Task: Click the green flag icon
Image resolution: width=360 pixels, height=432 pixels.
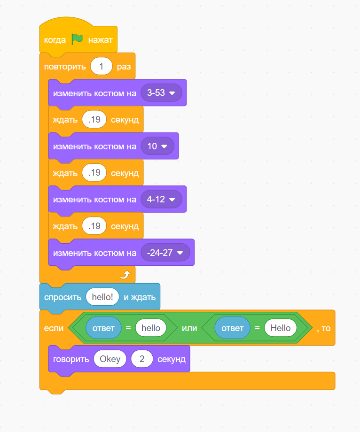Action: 77,40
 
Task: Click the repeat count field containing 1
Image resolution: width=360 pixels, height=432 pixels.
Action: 102,66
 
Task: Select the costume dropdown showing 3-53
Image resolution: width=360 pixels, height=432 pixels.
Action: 161,93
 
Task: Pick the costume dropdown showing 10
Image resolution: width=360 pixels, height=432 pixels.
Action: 157,146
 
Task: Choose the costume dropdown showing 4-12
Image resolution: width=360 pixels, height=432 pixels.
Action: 161,200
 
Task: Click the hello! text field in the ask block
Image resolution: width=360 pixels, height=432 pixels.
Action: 102,297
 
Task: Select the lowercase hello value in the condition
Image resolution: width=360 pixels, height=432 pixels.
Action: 151,328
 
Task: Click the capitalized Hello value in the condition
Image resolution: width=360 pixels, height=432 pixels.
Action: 280,328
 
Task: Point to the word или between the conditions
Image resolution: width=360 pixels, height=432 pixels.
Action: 189,328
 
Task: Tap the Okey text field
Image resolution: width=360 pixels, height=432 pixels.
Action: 110,360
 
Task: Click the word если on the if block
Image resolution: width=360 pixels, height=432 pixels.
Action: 54,328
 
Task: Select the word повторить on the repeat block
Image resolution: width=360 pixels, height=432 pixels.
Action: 65,66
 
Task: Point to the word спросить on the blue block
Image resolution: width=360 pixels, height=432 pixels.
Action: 63,297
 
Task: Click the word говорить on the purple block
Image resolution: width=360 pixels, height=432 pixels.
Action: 71,360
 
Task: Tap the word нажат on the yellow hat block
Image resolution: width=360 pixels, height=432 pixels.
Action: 100,40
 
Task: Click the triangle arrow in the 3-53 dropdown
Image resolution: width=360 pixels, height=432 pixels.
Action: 172,93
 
